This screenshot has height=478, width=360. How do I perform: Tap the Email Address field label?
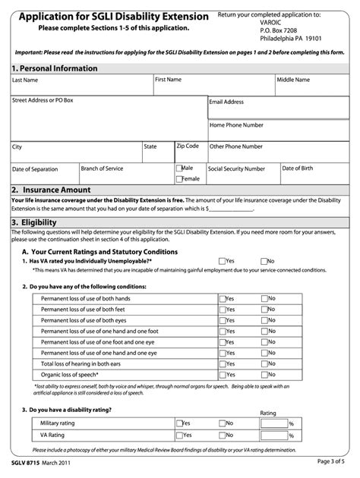(x=227, y=102)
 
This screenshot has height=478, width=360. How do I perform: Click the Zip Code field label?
(x=188, y=145)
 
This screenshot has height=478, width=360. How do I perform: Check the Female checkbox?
(x=179, y=179)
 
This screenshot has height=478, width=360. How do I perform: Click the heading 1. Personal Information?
(x=55, y=68)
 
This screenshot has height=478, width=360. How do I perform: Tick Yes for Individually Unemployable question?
(x=222, y=260)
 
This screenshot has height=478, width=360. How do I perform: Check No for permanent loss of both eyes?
(x=264, y=320)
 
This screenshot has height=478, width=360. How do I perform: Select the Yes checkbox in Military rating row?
(x=179, y=423)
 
